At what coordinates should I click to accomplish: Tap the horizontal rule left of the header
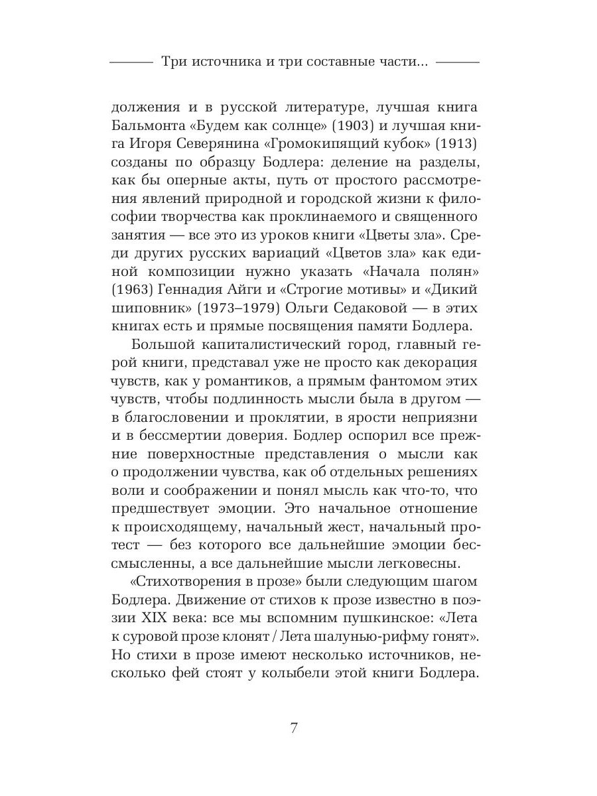tap(130, 62)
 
